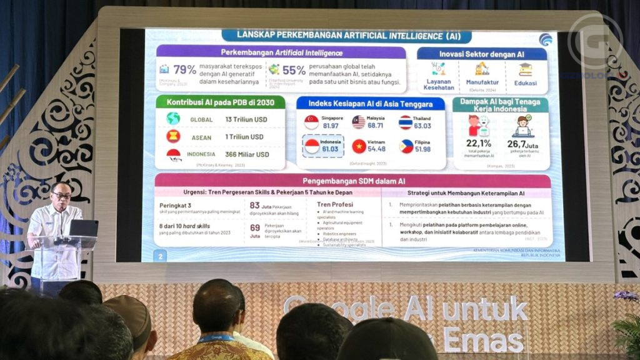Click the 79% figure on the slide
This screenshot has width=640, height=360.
(184, 69)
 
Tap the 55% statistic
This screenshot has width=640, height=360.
(294, 70)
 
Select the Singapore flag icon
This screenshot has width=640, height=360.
(312, 122)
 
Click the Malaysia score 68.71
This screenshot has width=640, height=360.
(376, 126)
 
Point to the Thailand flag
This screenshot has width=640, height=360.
(406, 122)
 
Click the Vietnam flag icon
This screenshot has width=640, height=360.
(359, 146)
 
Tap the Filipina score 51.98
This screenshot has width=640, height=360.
(422, 149)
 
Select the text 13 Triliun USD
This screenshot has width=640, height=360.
(246, 119)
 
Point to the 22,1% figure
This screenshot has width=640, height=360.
(479, 144)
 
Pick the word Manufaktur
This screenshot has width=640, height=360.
(482, 82)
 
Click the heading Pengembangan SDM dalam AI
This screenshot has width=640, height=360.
(353, 181)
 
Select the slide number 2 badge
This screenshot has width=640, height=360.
(161, 256)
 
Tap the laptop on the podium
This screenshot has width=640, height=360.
(83, 228)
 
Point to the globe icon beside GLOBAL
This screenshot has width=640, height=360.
(173, 119)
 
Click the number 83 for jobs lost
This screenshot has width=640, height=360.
(254, 205)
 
